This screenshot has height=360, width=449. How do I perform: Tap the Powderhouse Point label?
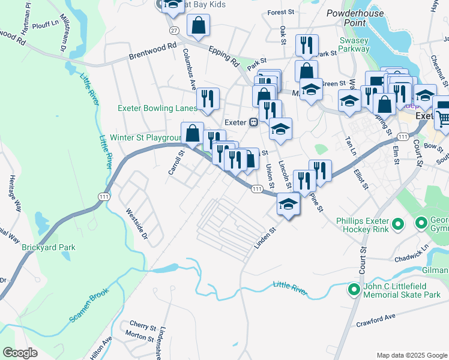point(355,17)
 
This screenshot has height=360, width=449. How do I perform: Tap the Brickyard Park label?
point(49,247)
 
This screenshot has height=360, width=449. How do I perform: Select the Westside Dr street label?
point(136,224)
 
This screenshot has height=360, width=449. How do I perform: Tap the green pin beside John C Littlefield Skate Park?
point(354,290)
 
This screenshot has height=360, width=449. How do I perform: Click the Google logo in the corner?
point(20,353)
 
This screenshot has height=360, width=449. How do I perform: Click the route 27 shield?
point(174,30)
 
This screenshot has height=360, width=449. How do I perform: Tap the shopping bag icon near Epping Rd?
point(198,25)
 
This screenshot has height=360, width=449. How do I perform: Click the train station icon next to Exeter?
point(254,122)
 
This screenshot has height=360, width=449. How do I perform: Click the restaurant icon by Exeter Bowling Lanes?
point(208,98)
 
